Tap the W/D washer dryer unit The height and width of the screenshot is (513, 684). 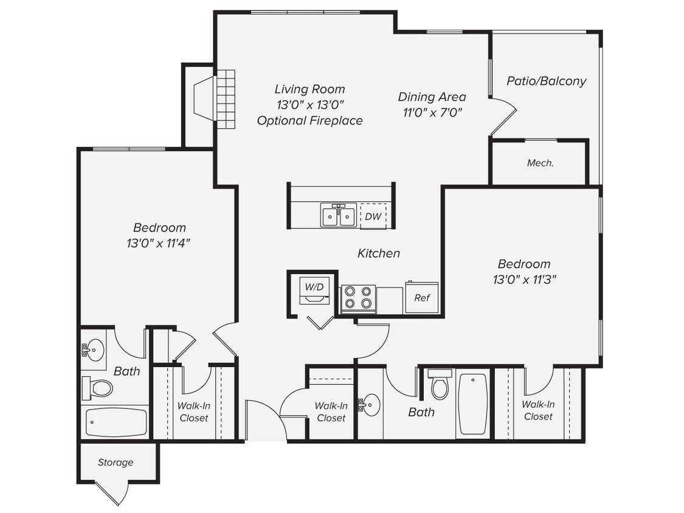pos(314,290)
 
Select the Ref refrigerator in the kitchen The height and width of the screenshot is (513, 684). pos(422,297)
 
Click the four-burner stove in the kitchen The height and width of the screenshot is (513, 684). pos(358,298)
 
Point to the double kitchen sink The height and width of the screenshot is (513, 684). pos(338,215)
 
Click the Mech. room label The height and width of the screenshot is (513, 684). pos(540,163)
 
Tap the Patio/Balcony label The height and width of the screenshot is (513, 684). pos(546,81)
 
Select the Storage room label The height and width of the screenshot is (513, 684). pos(116,463)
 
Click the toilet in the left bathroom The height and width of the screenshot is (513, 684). pos(98,387)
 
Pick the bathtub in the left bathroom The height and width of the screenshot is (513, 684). pos(116,422)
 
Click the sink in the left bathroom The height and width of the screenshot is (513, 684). pos(94,350)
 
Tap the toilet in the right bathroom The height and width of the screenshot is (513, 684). pos(440,384)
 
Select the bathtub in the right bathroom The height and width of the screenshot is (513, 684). pos(472,404)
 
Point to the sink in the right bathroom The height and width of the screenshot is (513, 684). pos(370,404)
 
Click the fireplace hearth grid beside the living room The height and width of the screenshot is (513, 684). pos(226,98)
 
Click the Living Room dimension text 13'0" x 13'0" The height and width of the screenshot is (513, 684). pos(309,105)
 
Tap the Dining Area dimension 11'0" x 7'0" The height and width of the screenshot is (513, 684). pos(432,112)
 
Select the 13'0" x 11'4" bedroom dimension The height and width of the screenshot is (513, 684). pos(159,243)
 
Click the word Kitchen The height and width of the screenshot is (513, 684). pos(378,253)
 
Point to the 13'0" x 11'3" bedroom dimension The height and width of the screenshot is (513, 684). pos(524,280)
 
